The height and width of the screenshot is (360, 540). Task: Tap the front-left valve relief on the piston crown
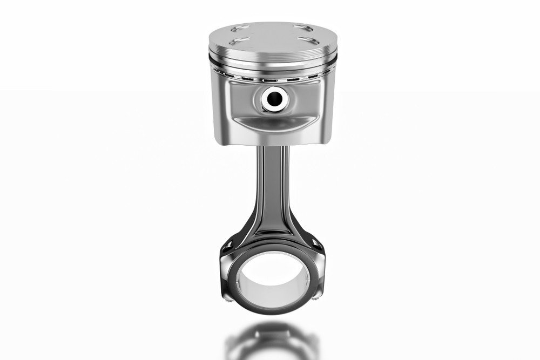(238, 42)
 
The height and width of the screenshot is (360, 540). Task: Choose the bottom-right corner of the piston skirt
(327, 141)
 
